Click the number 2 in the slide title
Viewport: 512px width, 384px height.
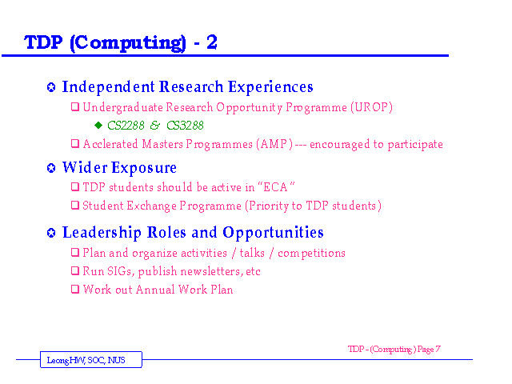pyautogui.click(x=211, y=42)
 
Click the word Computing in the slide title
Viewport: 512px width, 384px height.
pyautogui.click(x=128, y=43)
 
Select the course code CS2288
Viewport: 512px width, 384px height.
pyautogui.click(x=126, y=126)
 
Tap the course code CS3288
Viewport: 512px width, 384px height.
pyautogui.click(x=185, y=126)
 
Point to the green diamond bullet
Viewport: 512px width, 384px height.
pyautogui.click(x=98, y=125)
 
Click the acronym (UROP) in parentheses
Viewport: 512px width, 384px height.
pyautogui.click(x=371, y=107)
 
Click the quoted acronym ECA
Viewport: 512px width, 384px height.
pyautogui.click(x=275, y=187)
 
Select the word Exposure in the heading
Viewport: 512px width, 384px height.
pyautogui.click(x=144, y=168)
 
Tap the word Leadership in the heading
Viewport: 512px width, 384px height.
pyautogui.click(x=102, y=233)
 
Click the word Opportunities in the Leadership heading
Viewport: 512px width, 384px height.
pyautogui.click(x=273, y=233)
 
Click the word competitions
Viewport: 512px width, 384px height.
pyautogui.click(x=311, y=254)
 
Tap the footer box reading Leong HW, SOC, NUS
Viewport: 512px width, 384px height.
pyautogui.click(x=91, y=359)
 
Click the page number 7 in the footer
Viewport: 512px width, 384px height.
pyautogui.click(x=438, y=349)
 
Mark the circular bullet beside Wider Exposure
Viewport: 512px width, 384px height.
pyautogui.click(x=51, y=168)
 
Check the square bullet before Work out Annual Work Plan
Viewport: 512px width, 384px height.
pyautogui.click(x=75, y=289)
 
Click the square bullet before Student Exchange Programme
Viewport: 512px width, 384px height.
pyautogui.click(x=75, y=205)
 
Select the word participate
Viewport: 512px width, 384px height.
pyautogui.click(x=415, y=144)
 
